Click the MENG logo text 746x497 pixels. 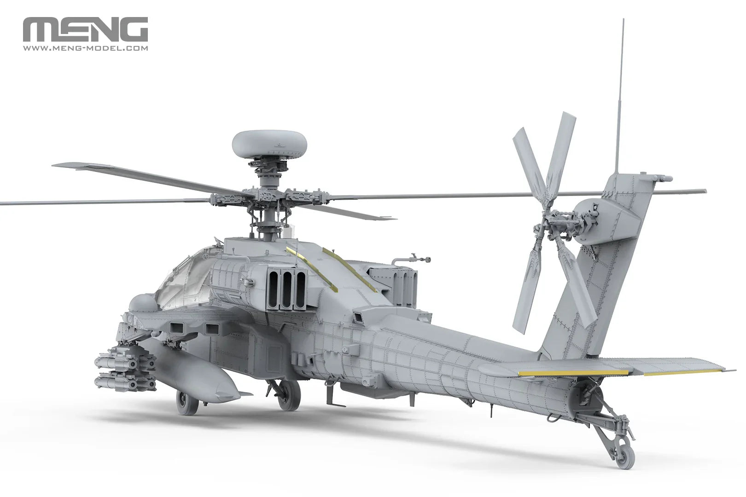coord(85,30)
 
